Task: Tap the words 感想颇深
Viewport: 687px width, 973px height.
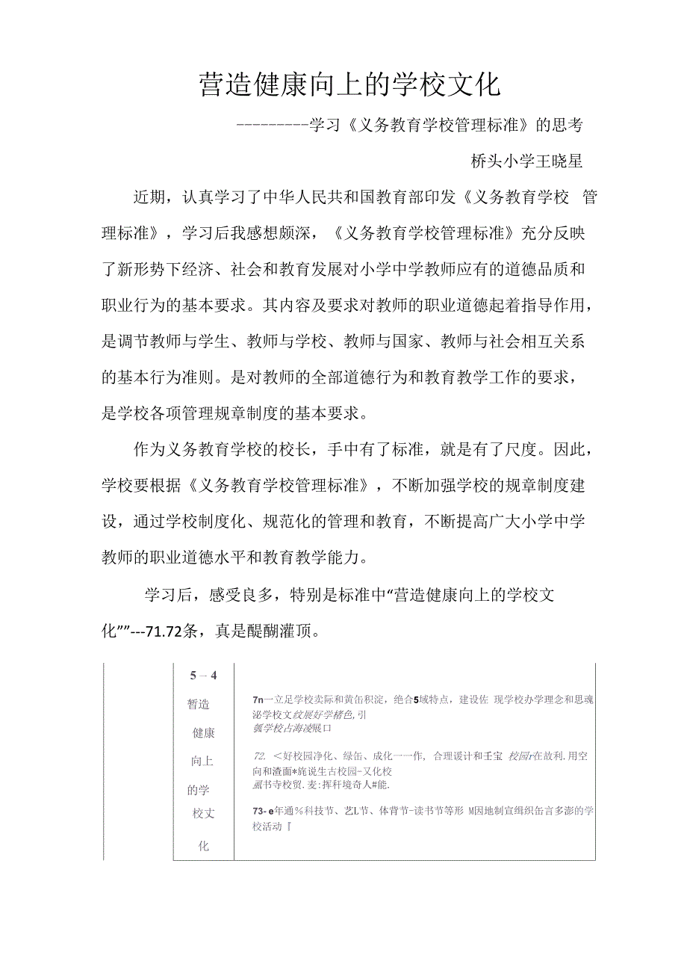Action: (283, 232)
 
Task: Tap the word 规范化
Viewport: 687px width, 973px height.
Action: (280, 522)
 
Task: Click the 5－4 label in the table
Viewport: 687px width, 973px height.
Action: (203, 676)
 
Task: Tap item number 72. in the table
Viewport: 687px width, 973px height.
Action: (261, 756)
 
